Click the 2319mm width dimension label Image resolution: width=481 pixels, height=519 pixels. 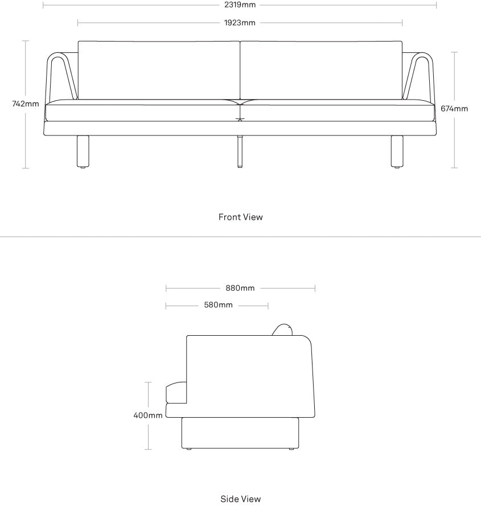(x=240, y=5)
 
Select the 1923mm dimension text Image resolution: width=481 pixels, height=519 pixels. (x=240, y=23)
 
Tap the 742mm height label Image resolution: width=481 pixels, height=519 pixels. (x=26, y=104)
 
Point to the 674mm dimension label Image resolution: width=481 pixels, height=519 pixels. (x=454, y=109)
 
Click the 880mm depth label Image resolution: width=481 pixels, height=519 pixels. (x=240, y=289)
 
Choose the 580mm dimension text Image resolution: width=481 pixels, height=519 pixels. (x=218, y=305)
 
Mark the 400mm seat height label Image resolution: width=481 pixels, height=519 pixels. (x=148, y=415)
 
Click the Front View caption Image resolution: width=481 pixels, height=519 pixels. (x=241, y=217)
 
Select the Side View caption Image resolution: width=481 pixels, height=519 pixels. (x=241, y=499)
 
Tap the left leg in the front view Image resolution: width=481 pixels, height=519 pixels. (x=83, y=151)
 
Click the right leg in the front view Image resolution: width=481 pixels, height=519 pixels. (x=397, y=151)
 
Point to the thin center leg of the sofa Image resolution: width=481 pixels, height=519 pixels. (x=240, y=151)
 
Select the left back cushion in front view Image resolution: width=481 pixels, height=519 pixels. (x=159, y=70)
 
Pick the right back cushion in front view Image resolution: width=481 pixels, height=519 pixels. (x=321, y=70)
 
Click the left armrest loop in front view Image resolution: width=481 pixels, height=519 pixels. (x=48, y=76)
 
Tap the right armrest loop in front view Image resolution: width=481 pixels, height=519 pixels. (x=431, y=76)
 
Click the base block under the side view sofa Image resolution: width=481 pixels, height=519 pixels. (x=240, y=433)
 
